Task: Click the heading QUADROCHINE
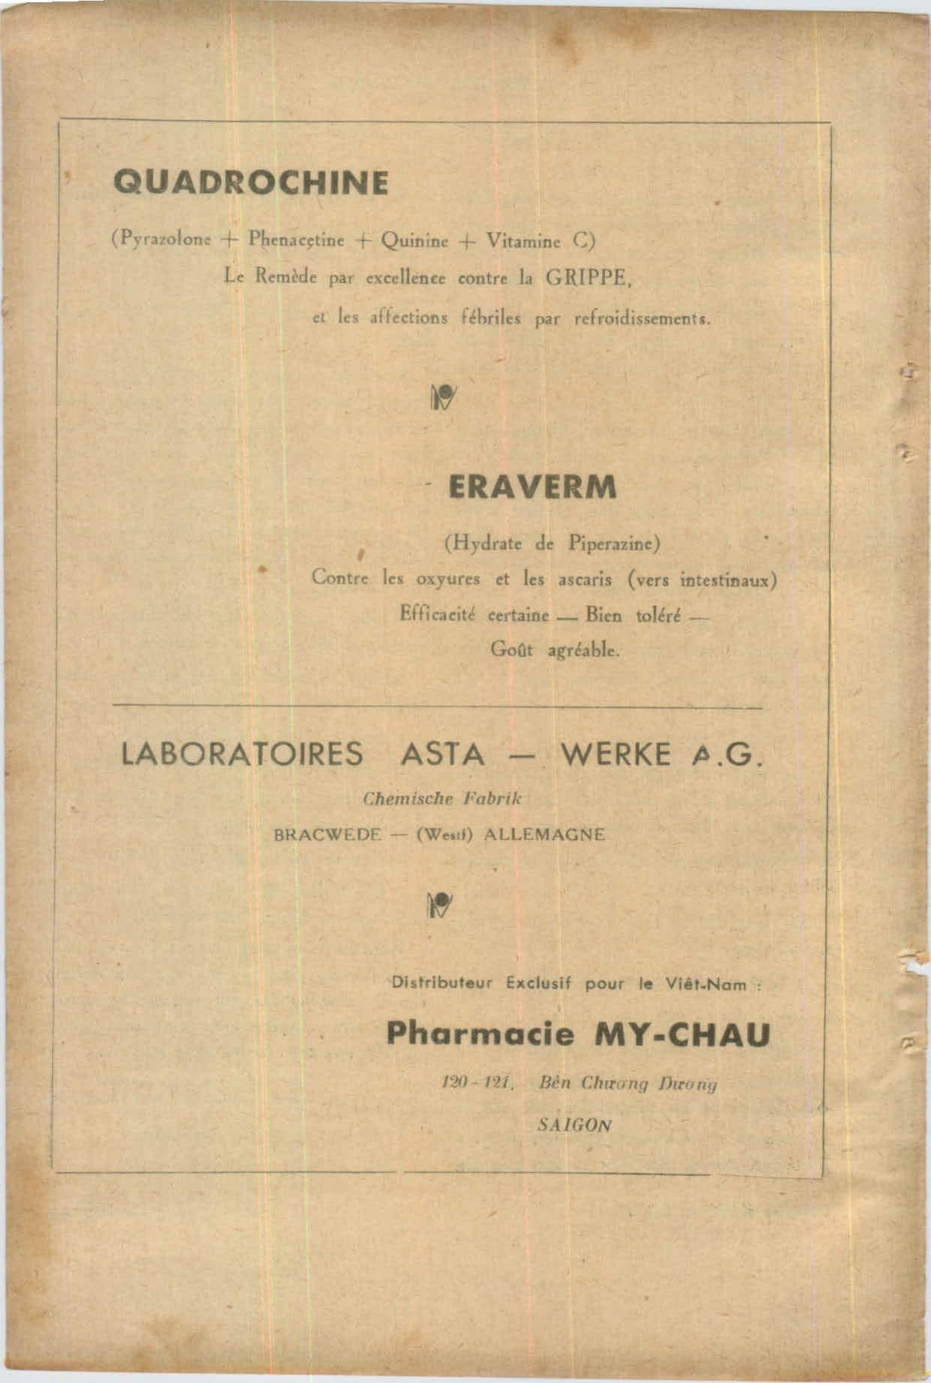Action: [251, 182]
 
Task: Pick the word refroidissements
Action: [641, 318]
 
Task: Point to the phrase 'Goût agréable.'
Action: [555, 649]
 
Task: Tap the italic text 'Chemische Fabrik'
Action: [442, 799]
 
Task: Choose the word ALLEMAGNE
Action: [544, 834]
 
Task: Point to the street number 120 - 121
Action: [477, 1083]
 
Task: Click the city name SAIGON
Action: [574, 1125]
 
